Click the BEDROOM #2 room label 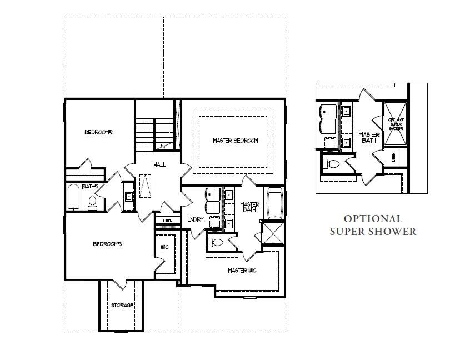[99, 132]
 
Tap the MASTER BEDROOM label [236, 141]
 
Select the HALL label [160, 164]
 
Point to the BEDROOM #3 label [107, 244]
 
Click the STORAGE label [122, 305]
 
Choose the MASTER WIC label [242, 271]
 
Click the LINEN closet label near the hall [168, 221]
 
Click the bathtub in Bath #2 [74, 198]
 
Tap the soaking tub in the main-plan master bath [275, 204]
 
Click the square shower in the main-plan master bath [272, 233]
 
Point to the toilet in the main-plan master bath [217, 242]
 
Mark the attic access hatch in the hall [146, 186]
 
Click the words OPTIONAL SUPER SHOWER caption [373, 225]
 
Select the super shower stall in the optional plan [396, 123]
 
